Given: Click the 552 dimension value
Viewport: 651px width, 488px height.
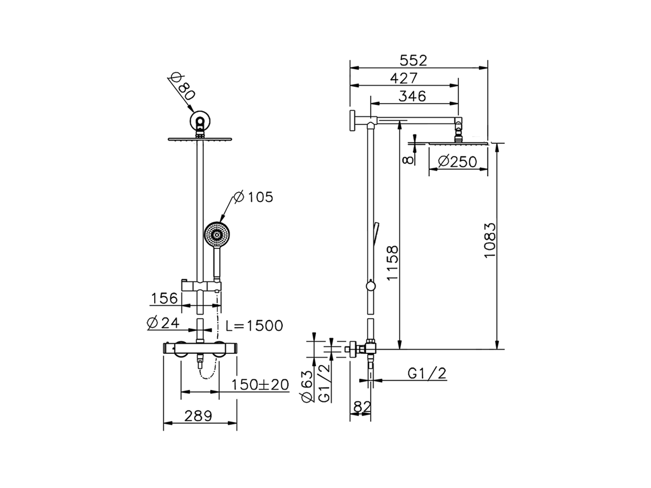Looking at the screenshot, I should point(413,60).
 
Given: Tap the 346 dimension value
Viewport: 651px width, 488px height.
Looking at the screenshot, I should point(412,96).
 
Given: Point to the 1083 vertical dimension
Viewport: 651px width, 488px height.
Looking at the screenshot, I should point(490,239).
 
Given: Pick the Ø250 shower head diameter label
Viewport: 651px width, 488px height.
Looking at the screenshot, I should point(457,162).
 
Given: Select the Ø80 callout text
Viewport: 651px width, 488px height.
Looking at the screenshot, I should point(182,85).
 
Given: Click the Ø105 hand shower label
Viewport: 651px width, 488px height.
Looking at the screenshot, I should point(253,197).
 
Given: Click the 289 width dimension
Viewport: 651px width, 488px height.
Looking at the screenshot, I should point(198,416).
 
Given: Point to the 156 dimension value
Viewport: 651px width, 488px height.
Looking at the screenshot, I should point(164,298).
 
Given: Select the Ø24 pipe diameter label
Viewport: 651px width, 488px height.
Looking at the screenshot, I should point(164,323).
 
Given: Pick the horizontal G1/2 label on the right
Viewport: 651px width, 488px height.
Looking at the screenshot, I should point(427,374).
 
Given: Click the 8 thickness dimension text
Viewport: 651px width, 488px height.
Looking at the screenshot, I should point(407,159).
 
